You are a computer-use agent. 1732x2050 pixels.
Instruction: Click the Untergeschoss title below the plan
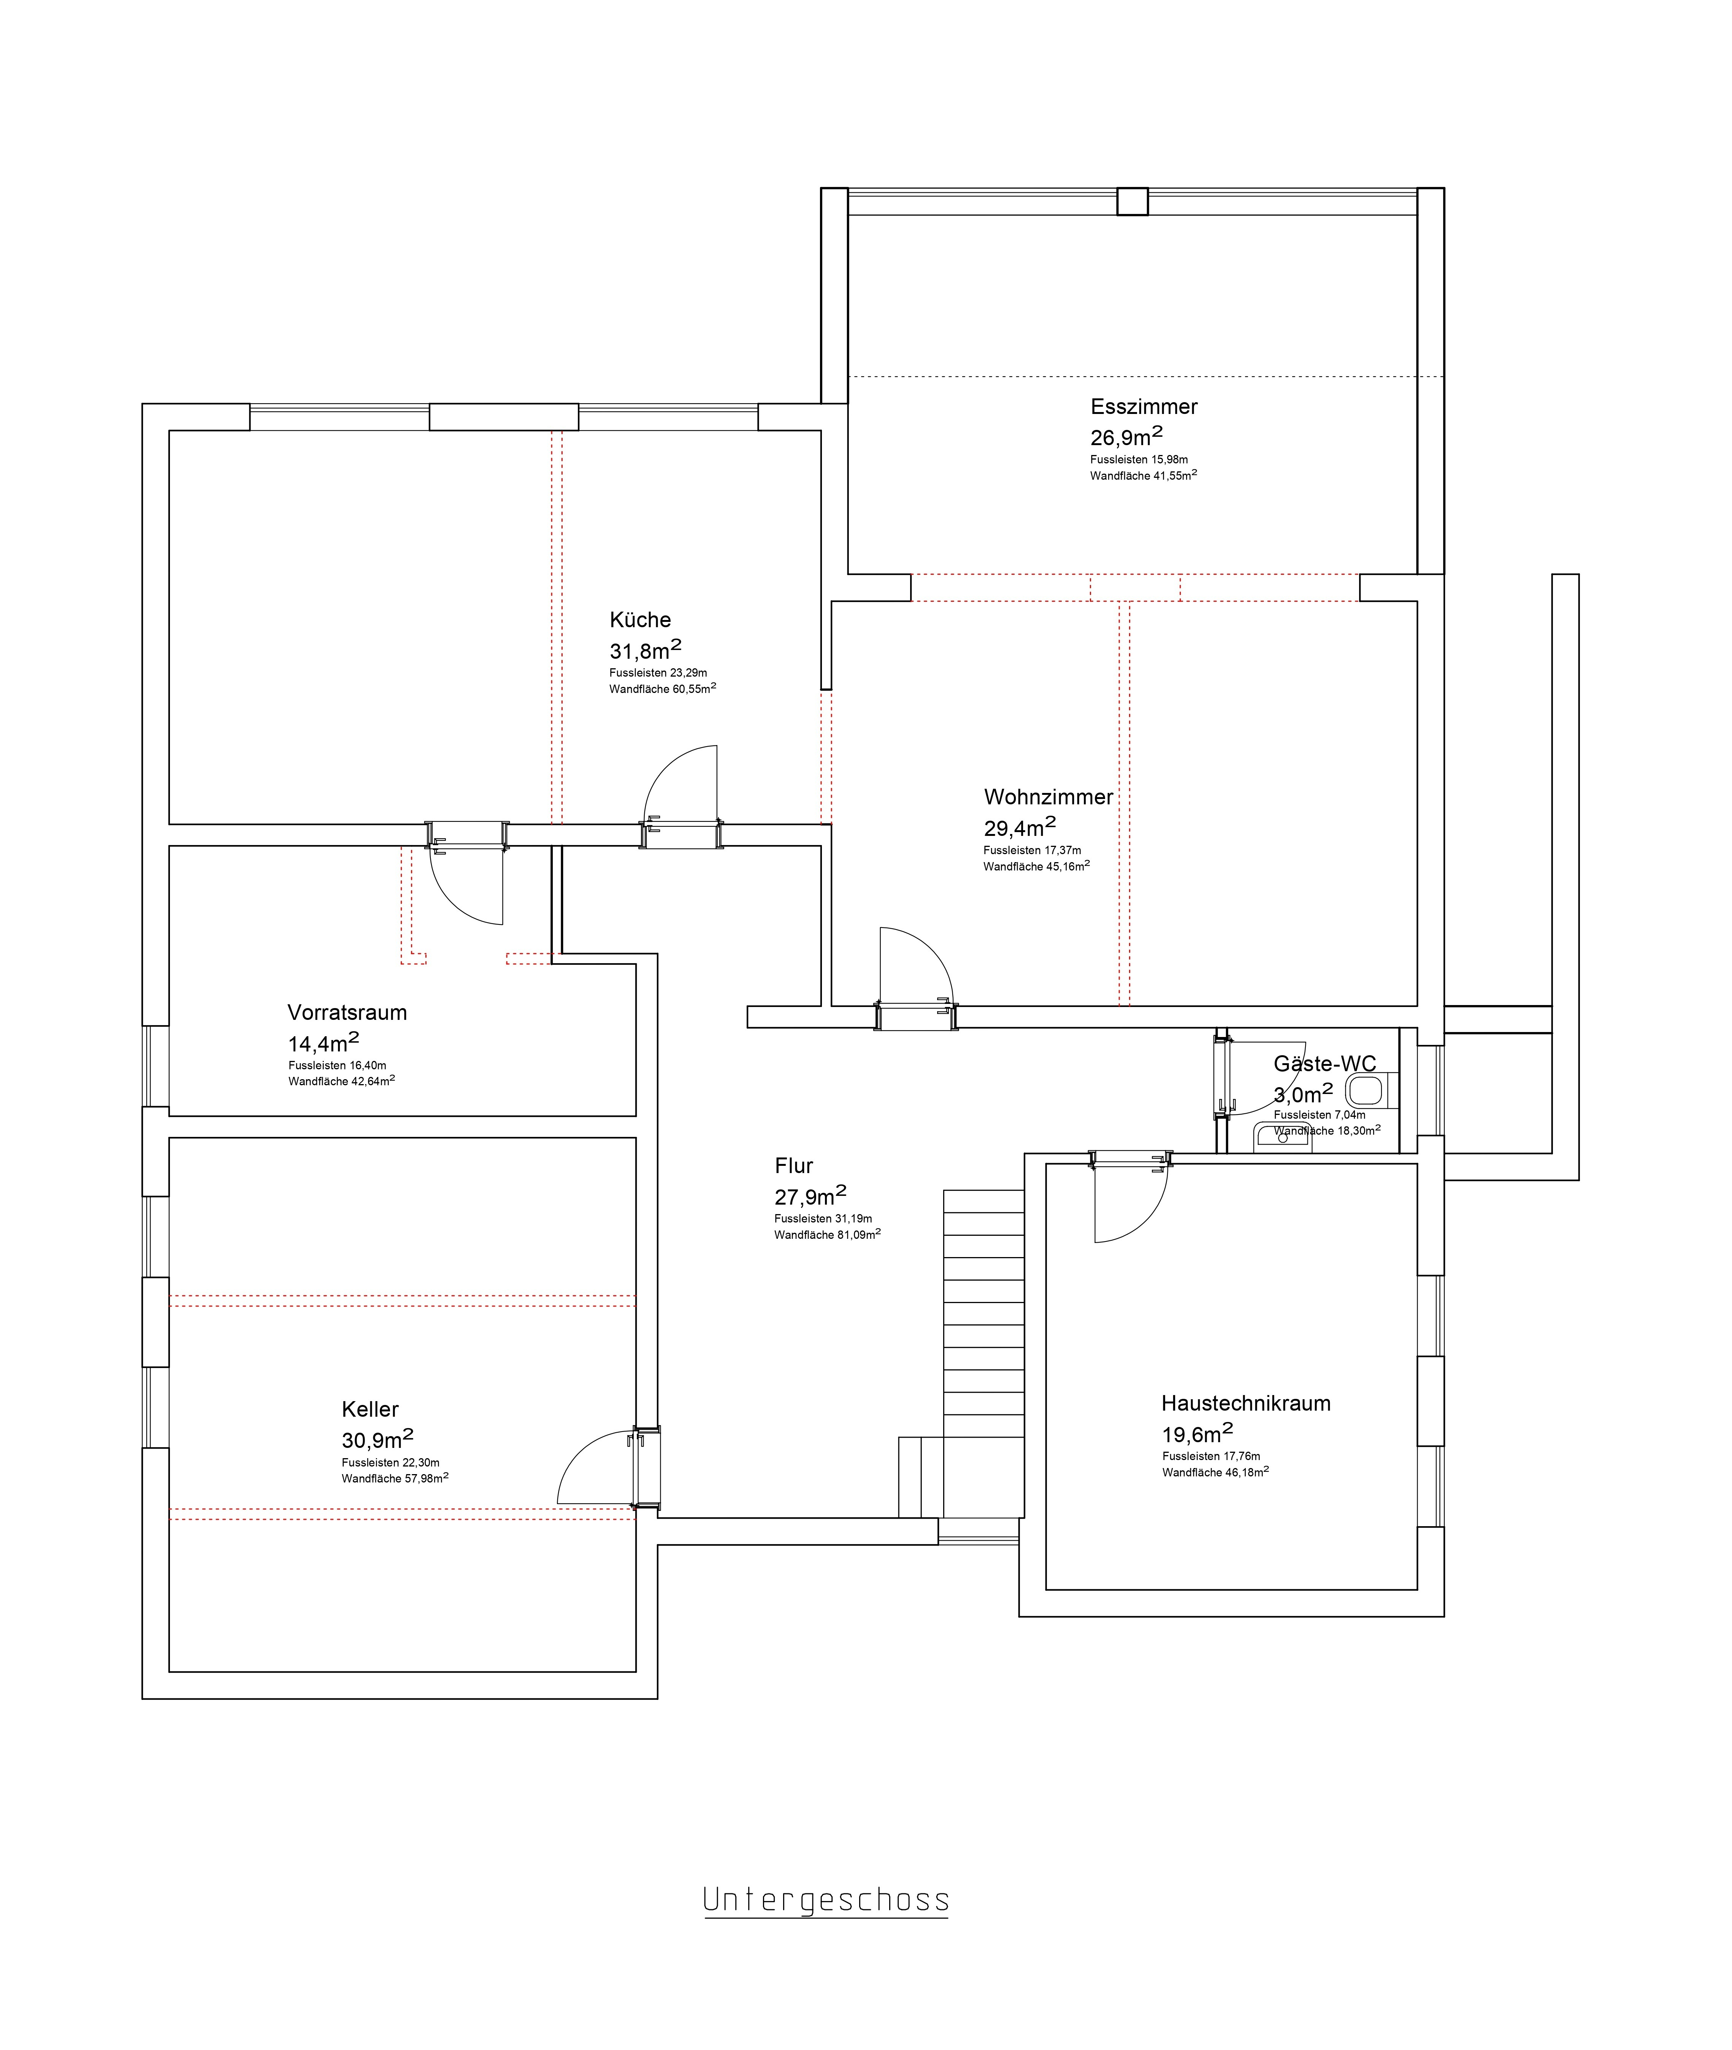click(x=826, y=1900)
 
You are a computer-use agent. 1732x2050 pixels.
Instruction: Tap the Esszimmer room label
click(x=1144, y=406)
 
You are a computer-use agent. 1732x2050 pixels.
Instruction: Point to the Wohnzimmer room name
click(x=1048, y=797)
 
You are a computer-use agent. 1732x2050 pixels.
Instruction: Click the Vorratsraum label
click(x=347, y=1012)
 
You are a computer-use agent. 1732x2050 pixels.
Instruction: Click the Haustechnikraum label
click(x=1246, y=1403)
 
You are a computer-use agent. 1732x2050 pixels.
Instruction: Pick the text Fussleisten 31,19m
click(x=823, y=1218)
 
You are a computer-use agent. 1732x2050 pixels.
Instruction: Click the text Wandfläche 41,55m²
click(x=1143, y=475)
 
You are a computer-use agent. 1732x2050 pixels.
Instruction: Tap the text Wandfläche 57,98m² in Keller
click(x=395, y=1478)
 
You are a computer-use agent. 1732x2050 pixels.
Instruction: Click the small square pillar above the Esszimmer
click(x=1132, y=201)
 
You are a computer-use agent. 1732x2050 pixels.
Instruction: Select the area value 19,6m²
click(x=1197, y=1433)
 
